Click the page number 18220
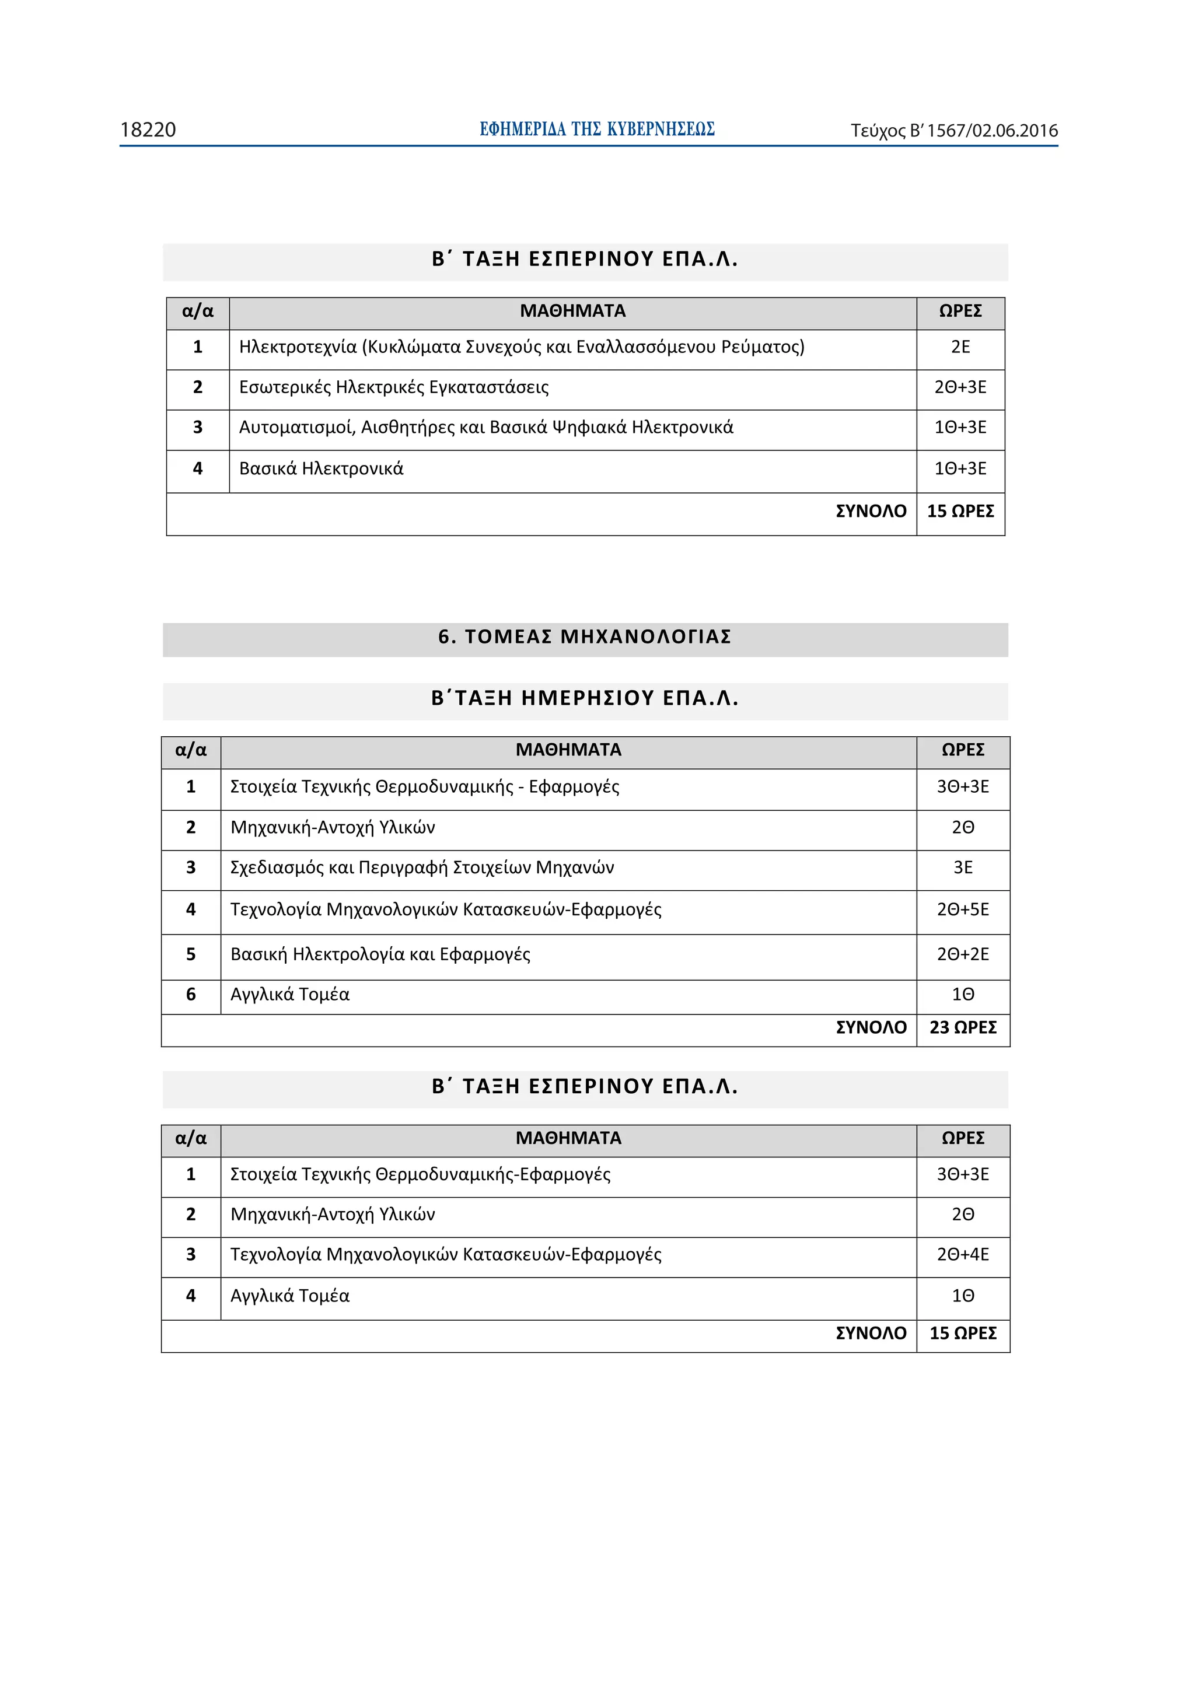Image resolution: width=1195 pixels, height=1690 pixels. pyautogui.click(x=148, y=130)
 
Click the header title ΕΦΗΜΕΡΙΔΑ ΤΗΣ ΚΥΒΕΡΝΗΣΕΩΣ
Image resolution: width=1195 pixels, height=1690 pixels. pyautogui.click(x=596, y=130)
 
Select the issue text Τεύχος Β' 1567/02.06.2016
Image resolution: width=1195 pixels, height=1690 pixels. pyautogui.click(x=953, y=131)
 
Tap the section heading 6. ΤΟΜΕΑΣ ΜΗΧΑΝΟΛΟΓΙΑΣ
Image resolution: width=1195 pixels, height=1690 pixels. pyautogui.click(x=585, y=636)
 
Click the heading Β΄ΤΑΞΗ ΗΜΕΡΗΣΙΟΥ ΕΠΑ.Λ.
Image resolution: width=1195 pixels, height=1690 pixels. pyautogui.click(x=585, y=698)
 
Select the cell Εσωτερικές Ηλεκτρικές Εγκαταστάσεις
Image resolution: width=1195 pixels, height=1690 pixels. pyautogui.click(x=394, y=388)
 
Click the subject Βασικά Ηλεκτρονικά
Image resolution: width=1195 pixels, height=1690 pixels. pyautogui.click(x=321, y=469)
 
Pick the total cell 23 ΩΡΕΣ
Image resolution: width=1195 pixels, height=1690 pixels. pyautogui.click(x=962, y=1027)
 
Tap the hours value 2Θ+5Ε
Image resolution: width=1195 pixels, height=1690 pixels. pyautogui.click(x=962, y=910)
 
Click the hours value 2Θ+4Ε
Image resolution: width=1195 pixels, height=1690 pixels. pyautogui.click(x=962, y=1254)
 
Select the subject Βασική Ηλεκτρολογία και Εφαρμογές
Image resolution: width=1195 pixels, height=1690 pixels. pyautogui.click(x=380, y=955)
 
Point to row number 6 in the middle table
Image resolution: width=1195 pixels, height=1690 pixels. pyautogui.click(x=191, y=995)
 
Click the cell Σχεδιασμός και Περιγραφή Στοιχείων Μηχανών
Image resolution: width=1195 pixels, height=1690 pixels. pyautogui.click(x=422, y=868)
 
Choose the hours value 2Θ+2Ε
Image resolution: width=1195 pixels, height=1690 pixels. pyautogui.click(x=962, y=955)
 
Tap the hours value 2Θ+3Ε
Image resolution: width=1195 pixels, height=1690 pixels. pyautogui.click(x=959, y=388)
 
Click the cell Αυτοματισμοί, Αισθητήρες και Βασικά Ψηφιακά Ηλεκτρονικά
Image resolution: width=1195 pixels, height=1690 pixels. pyautogui.click(x=486, y=428)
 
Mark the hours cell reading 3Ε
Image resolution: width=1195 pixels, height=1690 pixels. pyautogui.click(x=962, y=868)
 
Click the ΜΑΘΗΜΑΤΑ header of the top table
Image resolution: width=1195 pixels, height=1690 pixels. pyautogui.click(x=572, y=312)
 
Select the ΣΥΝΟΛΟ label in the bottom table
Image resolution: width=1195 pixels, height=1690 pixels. pyautogui.click(x=871, y=1333)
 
